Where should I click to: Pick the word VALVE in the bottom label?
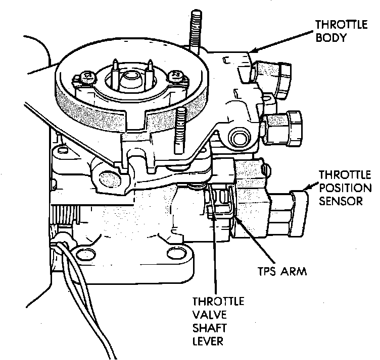click(x=207, y=315)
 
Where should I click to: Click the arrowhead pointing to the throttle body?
click(x=254, y=50)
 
